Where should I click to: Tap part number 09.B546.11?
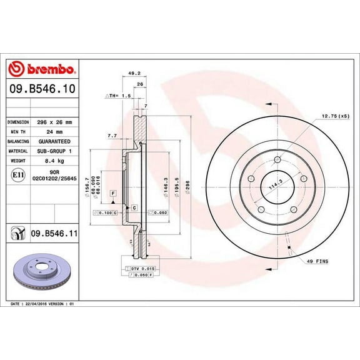52,234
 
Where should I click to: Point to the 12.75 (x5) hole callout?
334,116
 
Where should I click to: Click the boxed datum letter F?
113,193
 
